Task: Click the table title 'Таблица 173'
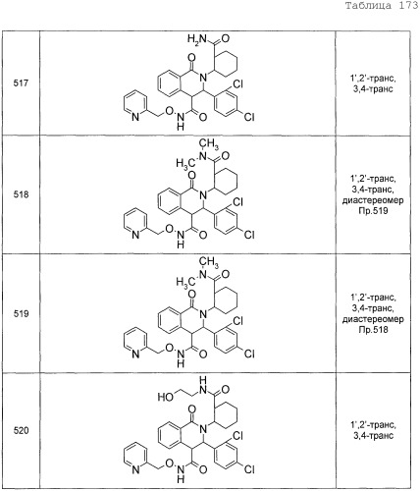pyautogui.click(x=382, y=6)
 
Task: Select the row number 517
pyautogui.click(x=21, y=83)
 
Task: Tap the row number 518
pyautogui.click(x=21, y=194)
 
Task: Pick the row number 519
pyautogui.click(x=21, y=313)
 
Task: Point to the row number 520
pyautogui.click(x=21, y=430)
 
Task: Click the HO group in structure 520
pyautogui.click(x=166, y=397)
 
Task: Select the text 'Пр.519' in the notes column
pyautogui.click(x=373, y=210)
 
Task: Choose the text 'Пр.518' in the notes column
pyautogui.click(x=373, y=329)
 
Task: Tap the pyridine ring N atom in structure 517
pyautogui.click(x=135, y=117)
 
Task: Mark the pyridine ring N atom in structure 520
pyautogui.click(x=135, y=469)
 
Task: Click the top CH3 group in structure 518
pyautogui.click(x=209, y=143)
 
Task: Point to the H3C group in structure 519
pyautogui.click(x=183, y=282)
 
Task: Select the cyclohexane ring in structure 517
pyautogui.click(x=226, y=63)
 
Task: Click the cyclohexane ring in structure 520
pyautogui.click(x=226, y=415)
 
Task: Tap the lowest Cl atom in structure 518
pyautogui.click(x=249, y=235)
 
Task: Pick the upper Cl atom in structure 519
pyautogui.click(x=237, y=321)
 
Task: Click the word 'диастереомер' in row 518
pyautogui.click(x=373, y=200)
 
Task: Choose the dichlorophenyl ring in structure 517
pyautogui.click(x=226, y=102)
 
